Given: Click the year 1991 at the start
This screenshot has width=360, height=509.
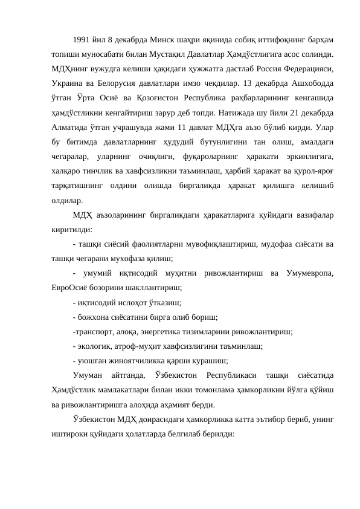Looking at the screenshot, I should point(80,42).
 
